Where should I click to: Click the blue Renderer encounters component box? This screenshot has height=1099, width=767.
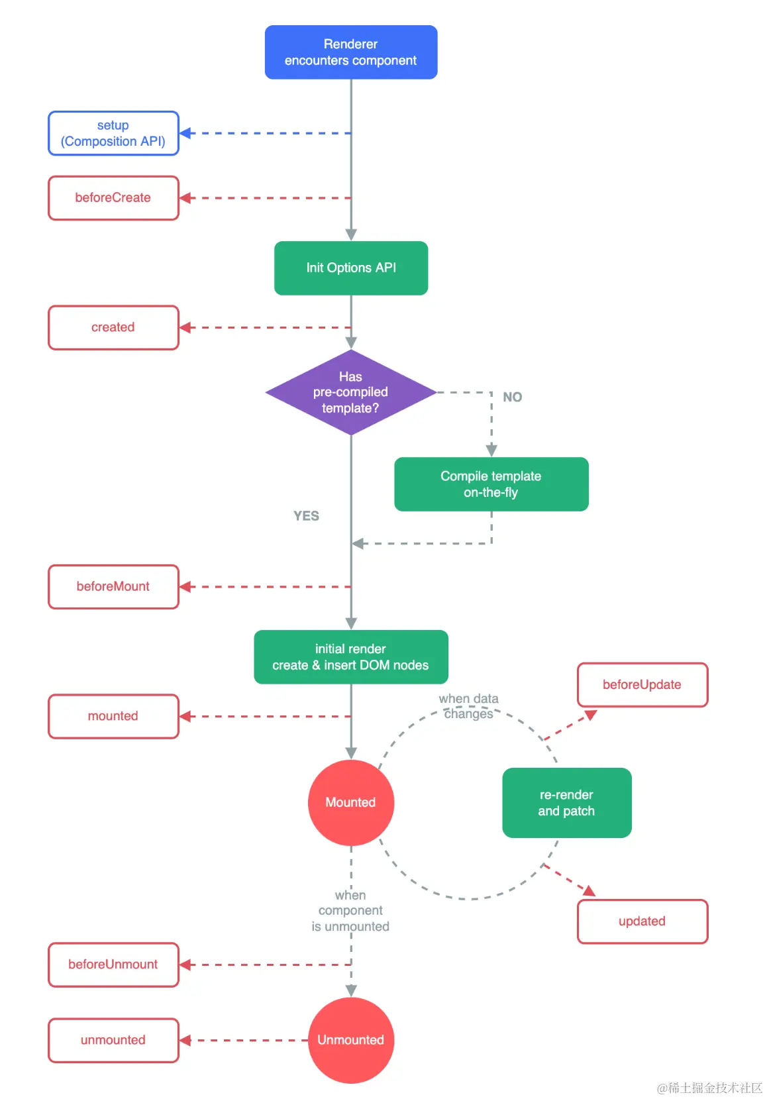point(351,52)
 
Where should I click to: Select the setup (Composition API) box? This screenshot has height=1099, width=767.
point(113,133)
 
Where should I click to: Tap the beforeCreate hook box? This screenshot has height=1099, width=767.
point(113,197)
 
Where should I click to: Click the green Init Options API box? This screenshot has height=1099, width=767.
point(351,268)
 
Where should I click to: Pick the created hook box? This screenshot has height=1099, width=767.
point(113,327)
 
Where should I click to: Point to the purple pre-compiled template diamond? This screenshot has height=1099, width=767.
point(351,392)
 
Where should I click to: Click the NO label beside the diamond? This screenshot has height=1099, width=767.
point(512,397)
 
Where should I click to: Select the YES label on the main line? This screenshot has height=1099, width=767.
point(306,516)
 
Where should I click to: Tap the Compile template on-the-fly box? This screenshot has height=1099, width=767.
point(491,484)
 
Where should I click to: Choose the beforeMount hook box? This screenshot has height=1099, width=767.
point(113,586)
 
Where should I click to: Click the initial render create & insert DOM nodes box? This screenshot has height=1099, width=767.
point(351,656)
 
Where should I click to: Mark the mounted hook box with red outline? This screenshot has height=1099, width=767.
point(113,716)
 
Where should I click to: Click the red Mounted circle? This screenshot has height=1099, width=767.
point(351,802)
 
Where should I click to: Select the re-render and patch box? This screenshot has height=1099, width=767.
point(566,802)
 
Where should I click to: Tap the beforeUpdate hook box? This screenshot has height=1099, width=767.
point(642,684)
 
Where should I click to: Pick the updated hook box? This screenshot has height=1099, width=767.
point(642,921)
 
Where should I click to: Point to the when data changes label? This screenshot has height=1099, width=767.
point(468,706)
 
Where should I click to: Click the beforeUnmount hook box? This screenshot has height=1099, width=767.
point(113,965)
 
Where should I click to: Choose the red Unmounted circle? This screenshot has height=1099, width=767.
point(351,1040)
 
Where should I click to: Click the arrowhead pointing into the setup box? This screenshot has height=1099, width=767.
point(186,133)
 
